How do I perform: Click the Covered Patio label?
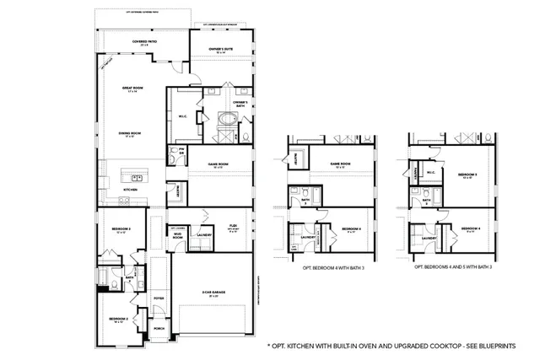[x=142, y=42]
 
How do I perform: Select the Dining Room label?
[x=129, y=133]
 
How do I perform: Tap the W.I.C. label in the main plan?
[x=182, y=116]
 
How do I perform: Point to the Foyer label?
[x=159, y=298]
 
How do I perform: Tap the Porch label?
[x=159, y=330]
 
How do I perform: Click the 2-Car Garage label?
[x=210, y=293]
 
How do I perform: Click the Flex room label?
[x=234, y=227]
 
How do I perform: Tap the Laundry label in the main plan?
[x=203, y=239]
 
